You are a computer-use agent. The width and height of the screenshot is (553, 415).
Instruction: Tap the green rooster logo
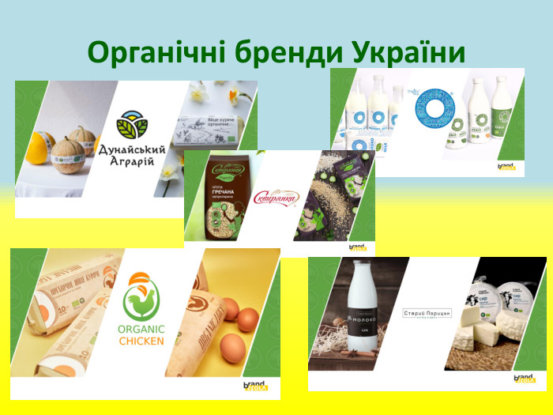(x=141, y=300)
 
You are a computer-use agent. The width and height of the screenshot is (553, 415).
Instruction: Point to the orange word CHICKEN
(x=142, y=341)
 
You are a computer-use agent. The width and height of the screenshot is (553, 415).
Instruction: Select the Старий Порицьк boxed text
(x=426, y=314)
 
